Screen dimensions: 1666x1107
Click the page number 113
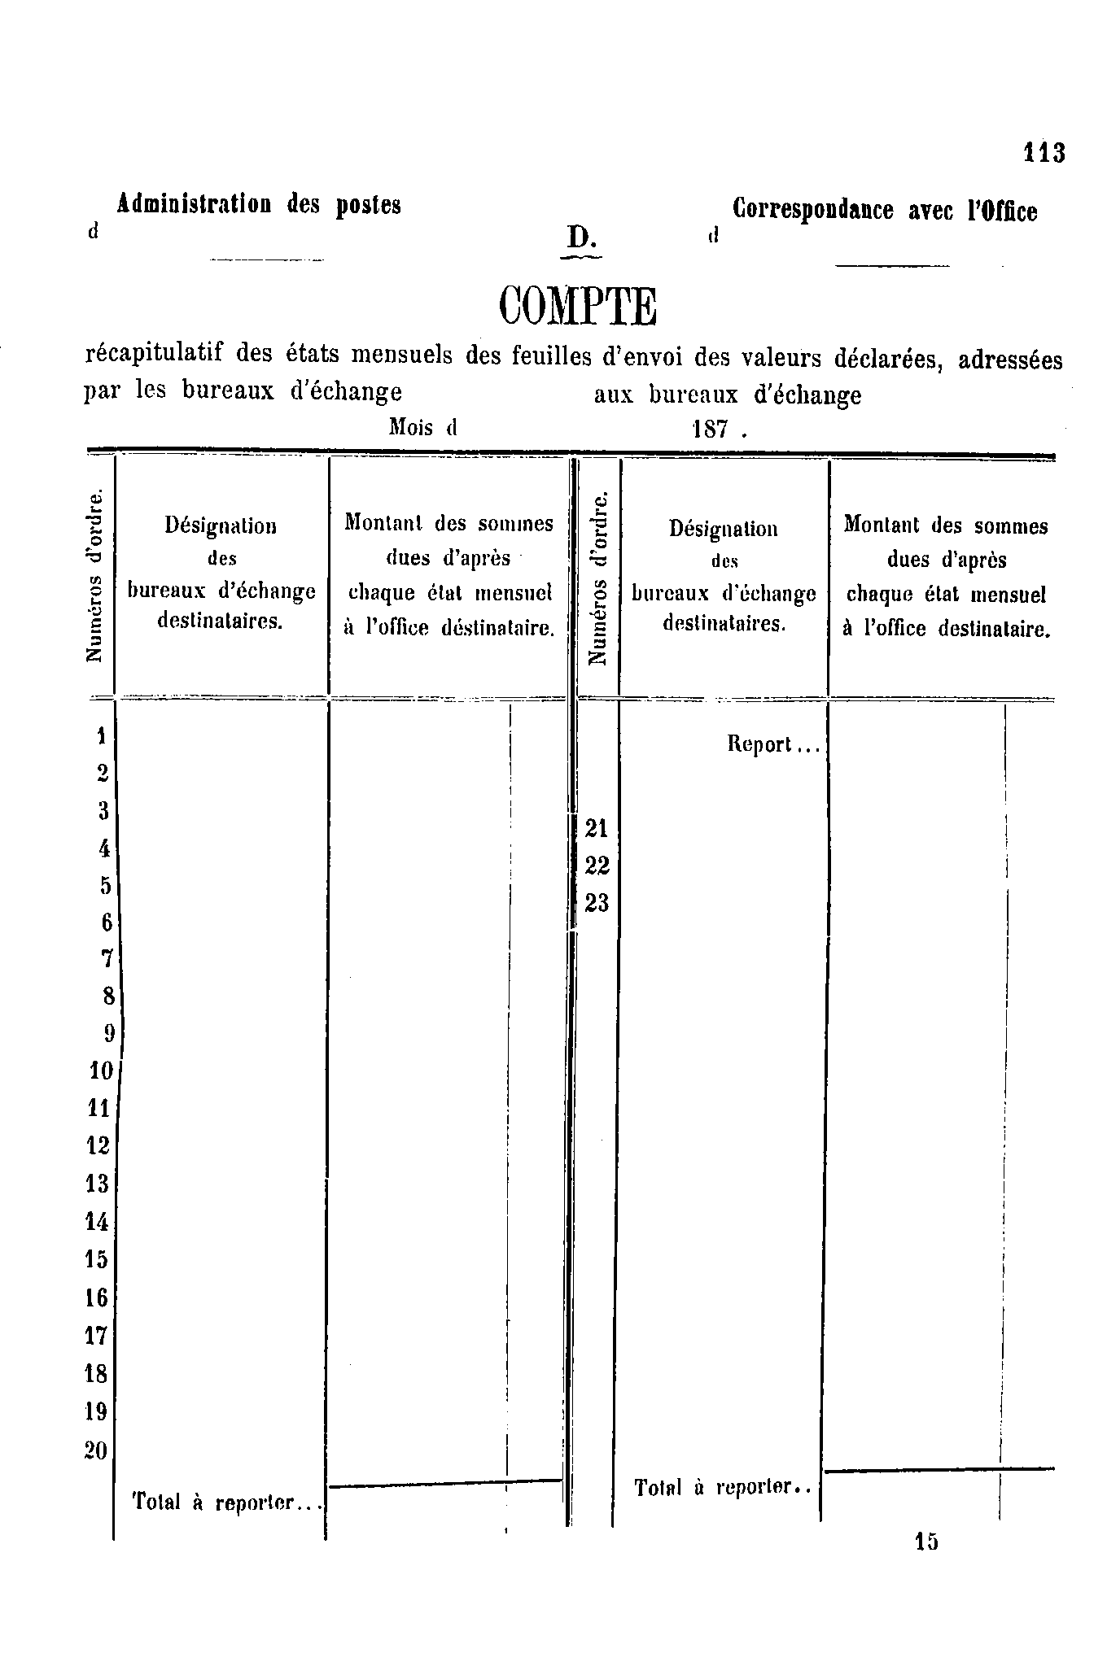tap(1044, 152)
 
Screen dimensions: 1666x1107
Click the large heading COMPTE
tap(577, 307)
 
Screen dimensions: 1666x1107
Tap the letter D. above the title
tap(582, 238)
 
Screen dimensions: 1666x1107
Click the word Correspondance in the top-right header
tap(813, 210)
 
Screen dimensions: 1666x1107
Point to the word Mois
tap(411, 426)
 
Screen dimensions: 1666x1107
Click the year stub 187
tap(710, 429)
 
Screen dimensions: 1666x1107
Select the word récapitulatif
tap(154, 355)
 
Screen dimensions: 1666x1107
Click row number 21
tap(597, 828)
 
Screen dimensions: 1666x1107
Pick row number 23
tap(597, 903)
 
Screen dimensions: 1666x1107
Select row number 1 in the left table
tap(102, 736)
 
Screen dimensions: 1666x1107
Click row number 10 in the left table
tap(101, 1071)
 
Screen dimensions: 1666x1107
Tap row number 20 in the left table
tap(96, 1450)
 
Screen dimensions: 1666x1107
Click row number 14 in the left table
tap(97, 1221)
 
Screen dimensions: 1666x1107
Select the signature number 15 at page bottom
tap(926, 1541)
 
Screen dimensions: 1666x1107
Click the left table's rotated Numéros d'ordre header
tap(96, 575)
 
